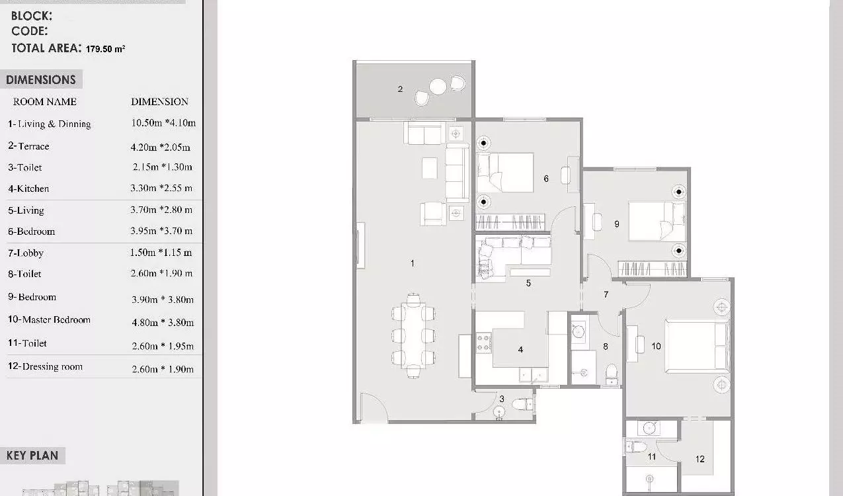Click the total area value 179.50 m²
click(x=105, y=49)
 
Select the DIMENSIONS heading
click(x=41, y=80)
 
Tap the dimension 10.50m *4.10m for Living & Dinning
click(x=163, y=123)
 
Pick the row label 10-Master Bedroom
click(x=49, y=319)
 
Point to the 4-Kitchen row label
click(x=28, y=188)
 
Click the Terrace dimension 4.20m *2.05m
click(x=160, y=147)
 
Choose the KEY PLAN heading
click(x=32, y=456)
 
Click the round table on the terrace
click(x=438, y=87)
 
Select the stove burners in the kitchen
click(x=484, y=343)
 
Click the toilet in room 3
click(x=522, y=405)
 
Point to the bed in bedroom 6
click(x=505, y=173)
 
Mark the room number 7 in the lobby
click(x=606, y=294)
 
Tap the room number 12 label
click(x=700, y=459)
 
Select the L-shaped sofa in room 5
click(x=512, y=258)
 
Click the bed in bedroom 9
click(x=657, y=222)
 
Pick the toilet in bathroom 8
click(x=612, y=374)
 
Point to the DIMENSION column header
click(x=159, y=102)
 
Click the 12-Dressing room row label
click(x=45, y=366)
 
